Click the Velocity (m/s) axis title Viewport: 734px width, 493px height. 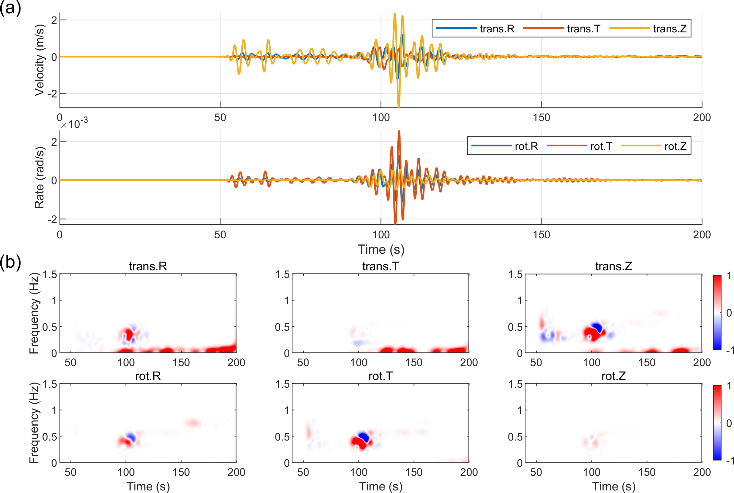(x=40, y=60)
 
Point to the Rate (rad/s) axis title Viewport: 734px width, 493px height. (x=40, y=177)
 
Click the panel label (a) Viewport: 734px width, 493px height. (x=10, y=8)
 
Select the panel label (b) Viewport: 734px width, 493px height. (x=10, y=262)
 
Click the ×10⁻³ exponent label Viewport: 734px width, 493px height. (x=74, y=124)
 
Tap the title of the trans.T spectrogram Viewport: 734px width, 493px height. (x=380, y=266)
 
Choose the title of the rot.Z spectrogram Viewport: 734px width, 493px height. (x=613, y=376)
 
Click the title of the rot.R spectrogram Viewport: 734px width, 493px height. (x=148, y=376)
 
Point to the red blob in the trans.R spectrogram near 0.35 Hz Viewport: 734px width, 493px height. (x=129, y=334)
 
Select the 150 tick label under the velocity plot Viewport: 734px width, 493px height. (x=541, y=117)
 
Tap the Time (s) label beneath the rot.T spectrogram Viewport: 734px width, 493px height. (x=380, y=486)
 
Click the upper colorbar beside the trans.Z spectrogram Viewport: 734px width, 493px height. (x=717, y=312)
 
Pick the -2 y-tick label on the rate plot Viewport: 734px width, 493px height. (x=52, y=219)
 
